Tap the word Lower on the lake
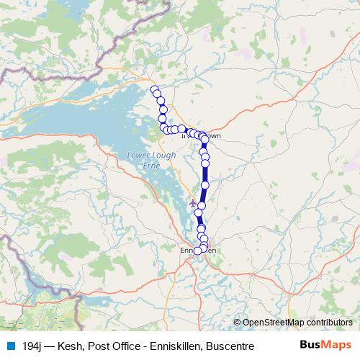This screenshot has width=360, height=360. coord(140,155)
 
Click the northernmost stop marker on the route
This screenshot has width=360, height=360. coord(154,89)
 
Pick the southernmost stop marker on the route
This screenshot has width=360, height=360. coord(198,251)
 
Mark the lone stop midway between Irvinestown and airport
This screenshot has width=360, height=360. coord(205,186)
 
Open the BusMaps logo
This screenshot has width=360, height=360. coord(326,345)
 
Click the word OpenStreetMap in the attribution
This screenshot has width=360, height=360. coord(274,323)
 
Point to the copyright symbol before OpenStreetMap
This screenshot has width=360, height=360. coord(237,323)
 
